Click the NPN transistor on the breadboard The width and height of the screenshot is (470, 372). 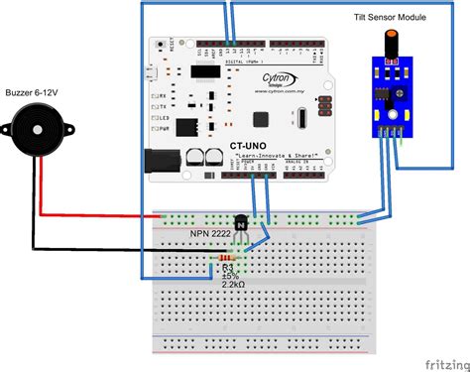click(x=236, y=226)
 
